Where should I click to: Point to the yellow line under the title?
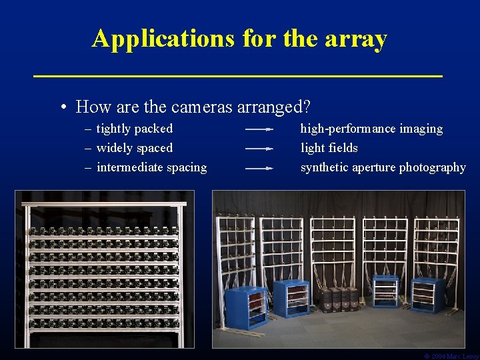(238, 77)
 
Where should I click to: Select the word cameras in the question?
(203, 107)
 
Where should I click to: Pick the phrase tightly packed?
(134, 129)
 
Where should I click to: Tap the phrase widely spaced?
(134, 148)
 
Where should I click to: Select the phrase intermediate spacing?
(151, 167)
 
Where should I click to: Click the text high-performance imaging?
(371, 129)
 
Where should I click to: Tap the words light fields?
(329, 148)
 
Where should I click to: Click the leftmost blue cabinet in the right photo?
(245, 307)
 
